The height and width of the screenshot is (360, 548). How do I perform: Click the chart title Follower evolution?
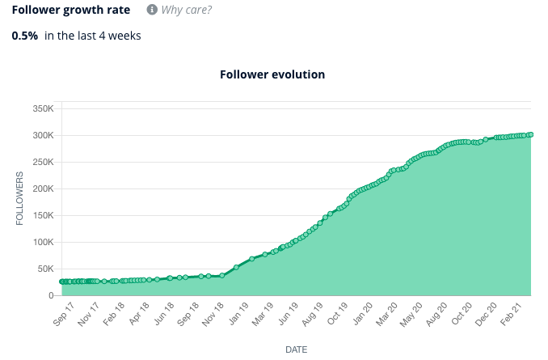click(272, 74)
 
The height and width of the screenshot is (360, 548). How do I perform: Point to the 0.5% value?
click(24, 36)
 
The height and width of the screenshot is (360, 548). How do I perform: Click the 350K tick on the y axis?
click(42, 108)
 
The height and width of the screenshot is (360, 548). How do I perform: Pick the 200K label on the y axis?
click(42, 188)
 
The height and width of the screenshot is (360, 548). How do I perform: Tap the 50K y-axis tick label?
click(44, 269)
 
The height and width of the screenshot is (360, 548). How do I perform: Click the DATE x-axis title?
click(296, 349)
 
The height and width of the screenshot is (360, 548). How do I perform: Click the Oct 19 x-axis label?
click(339, 313)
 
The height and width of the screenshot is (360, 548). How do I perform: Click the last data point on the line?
click(531, 134)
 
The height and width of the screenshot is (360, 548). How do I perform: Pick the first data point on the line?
click(61, 282)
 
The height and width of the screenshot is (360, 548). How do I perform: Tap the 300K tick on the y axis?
click(42, 135)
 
